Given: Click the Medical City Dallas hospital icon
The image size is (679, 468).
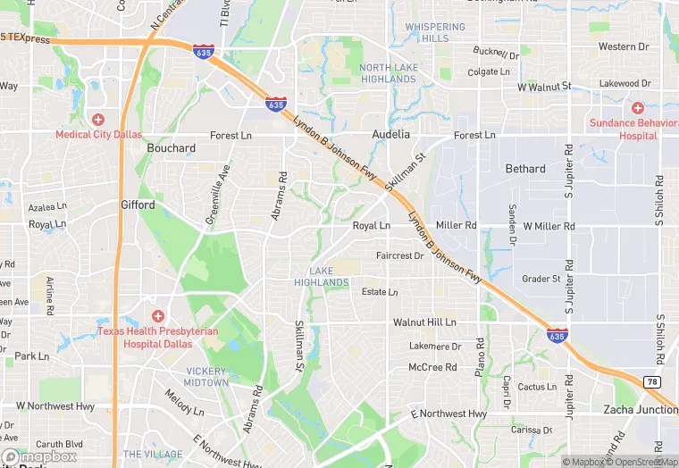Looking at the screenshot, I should click(x=98, y=119).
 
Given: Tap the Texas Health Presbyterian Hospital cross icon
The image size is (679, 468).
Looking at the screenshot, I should click(x=158, y=316).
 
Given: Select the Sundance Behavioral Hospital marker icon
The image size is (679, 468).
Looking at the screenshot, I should click(x=636, y=107).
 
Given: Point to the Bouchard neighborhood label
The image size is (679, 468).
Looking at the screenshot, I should click(x=171, y=148).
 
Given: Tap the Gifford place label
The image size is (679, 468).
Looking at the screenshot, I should click(x=138, y=205).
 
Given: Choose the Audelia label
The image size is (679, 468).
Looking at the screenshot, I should click(x=390, y=135).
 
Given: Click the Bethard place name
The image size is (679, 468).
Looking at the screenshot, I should click(x=525, y=169).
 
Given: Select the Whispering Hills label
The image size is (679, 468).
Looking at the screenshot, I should click(x=435, y=33).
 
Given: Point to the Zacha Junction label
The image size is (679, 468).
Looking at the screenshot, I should click(x=641, y=409).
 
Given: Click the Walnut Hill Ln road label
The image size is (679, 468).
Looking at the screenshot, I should click(x=424, y=322).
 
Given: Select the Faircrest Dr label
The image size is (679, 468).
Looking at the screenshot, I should click(x=399, y=255).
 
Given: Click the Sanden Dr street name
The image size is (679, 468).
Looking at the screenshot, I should click(x=512, y=224).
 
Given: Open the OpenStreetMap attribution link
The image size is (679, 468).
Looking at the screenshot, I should click(x=638, y=462).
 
